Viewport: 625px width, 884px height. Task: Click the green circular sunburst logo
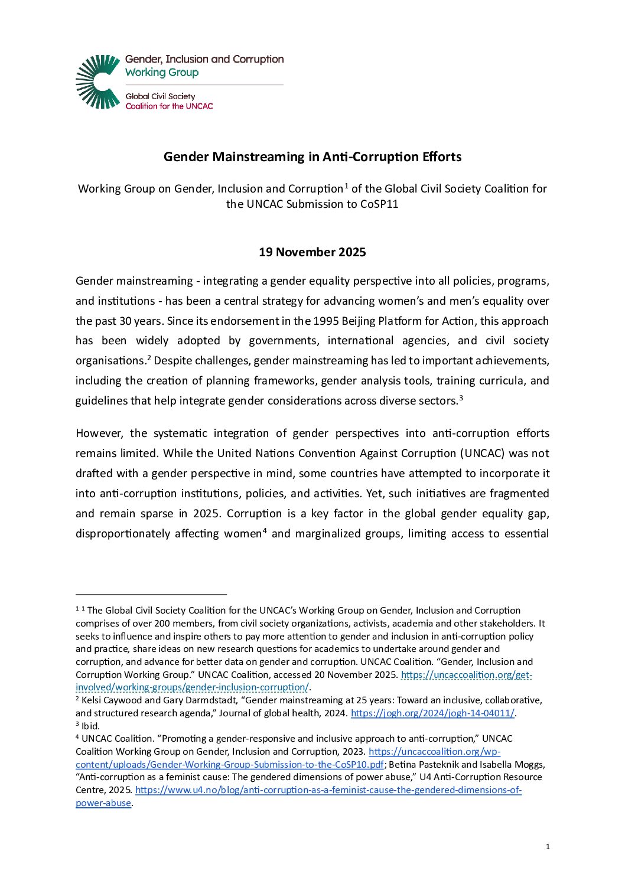coord(98,82)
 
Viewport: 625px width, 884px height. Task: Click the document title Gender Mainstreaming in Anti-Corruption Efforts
coord(312,157)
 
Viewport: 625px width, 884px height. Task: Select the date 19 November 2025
coord(312,252)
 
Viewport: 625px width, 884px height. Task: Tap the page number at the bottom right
coord(548,847)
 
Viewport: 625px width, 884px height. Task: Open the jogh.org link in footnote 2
coord(432,713)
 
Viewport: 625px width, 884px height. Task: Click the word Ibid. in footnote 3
coord(90,726)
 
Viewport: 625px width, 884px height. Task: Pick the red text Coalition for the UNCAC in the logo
coord(169,106)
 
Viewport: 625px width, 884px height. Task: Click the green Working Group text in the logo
coord(162,73)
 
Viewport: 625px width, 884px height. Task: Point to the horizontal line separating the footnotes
coord(151,595)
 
